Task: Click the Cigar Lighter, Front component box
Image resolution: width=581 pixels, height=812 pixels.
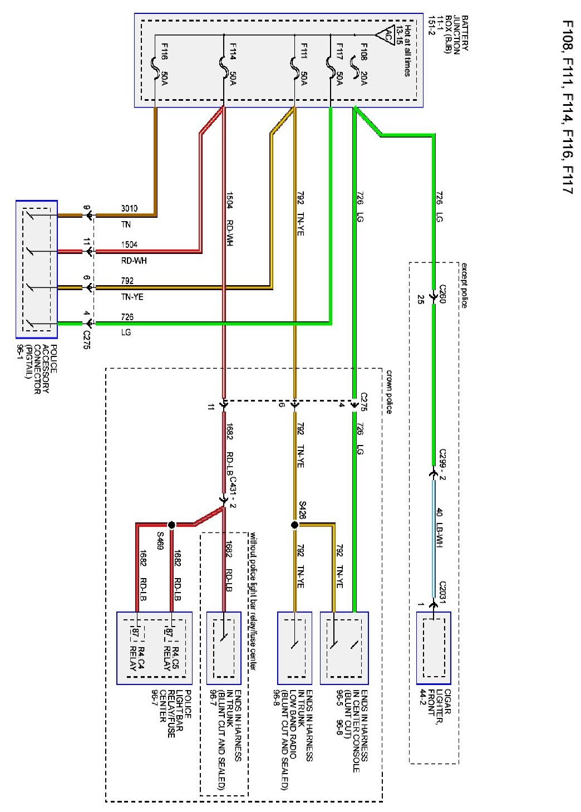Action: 434,648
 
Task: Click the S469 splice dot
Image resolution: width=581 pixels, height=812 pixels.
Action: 171,525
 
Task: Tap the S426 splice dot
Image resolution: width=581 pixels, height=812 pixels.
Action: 294,525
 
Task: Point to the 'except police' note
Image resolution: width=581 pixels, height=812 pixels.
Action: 464,285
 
